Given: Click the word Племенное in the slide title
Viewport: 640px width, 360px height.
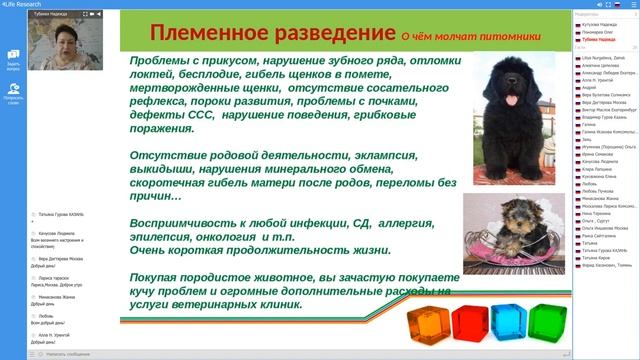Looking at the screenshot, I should [x=206, y=35].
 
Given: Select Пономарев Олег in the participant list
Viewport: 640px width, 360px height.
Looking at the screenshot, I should [x=600, y=31].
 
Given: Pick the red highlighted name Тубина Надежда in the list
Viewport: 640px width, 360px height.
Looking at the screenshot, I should [x=599, y=39].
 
